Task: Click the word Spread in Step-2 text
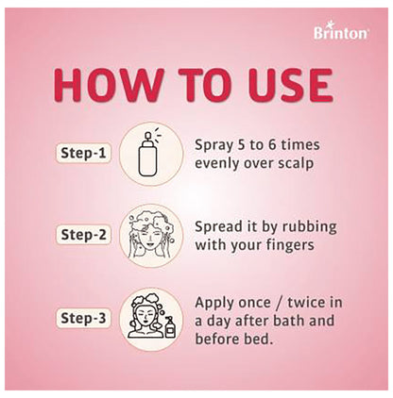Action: pyautogui.click(x=219, y=228)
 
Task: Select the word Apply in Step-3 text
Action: pyautogui.click(x=214, y=303)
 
